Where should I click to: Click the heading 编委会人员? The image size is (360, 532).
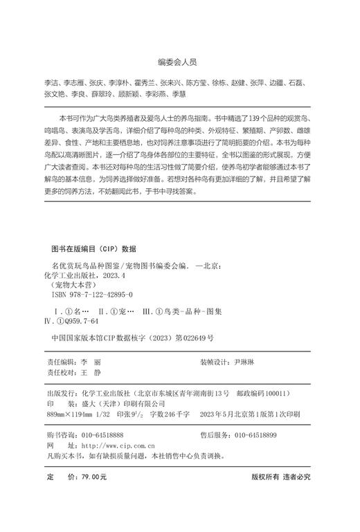click(x=180, y=62)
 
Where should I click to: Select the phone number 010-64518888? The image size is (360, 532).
click(x=103, y=435)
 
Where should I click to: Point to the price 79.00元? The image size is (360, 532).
click(x=90, y=477)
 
